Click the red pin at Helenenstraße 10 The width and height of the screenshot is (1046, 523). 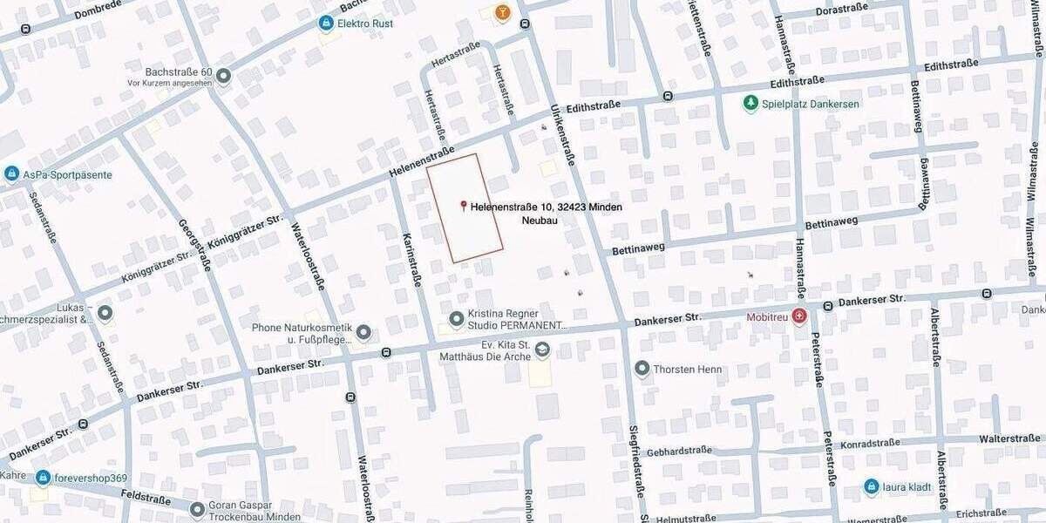click(464, 206)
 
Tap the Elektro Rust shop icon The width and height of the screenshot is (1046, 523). click(326, 23)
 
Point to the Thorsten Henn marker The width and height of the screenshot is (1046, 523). click(642, 369)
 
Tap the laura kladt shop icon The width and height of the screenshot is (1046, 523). click(871, 486)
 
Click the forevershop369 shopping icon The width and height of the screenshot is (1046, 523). click(43, 478)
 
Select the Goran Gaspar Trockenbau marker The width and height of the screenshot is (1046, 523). click(197, 508)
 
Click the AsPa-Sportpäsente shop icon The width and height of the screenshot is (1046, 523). click(11, 174)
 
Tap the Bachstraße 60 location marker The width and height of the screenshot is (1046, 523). click(224, 76)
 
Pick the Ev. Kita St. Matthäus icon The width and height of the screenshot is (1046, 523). click(542, 350)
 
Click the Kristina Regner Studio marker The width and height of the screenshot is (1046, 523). click(456, 320)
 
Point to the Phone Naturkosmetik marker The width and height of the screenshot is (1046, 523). click(363, 333)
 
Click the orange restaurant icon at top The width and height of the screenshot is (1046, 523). click(502, 12)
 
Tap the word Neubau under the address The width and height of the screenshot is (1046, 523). click(540, 221)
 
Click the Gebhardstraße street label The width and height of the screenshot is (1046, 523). click(680, 451)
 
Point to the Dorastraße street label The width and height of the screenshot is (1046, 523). click(841, 11)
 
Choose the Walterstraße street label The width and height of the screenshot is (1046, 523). click(1009, 438)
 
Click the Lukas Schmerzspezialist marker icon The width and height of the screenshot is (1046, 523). click(105, 313)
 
